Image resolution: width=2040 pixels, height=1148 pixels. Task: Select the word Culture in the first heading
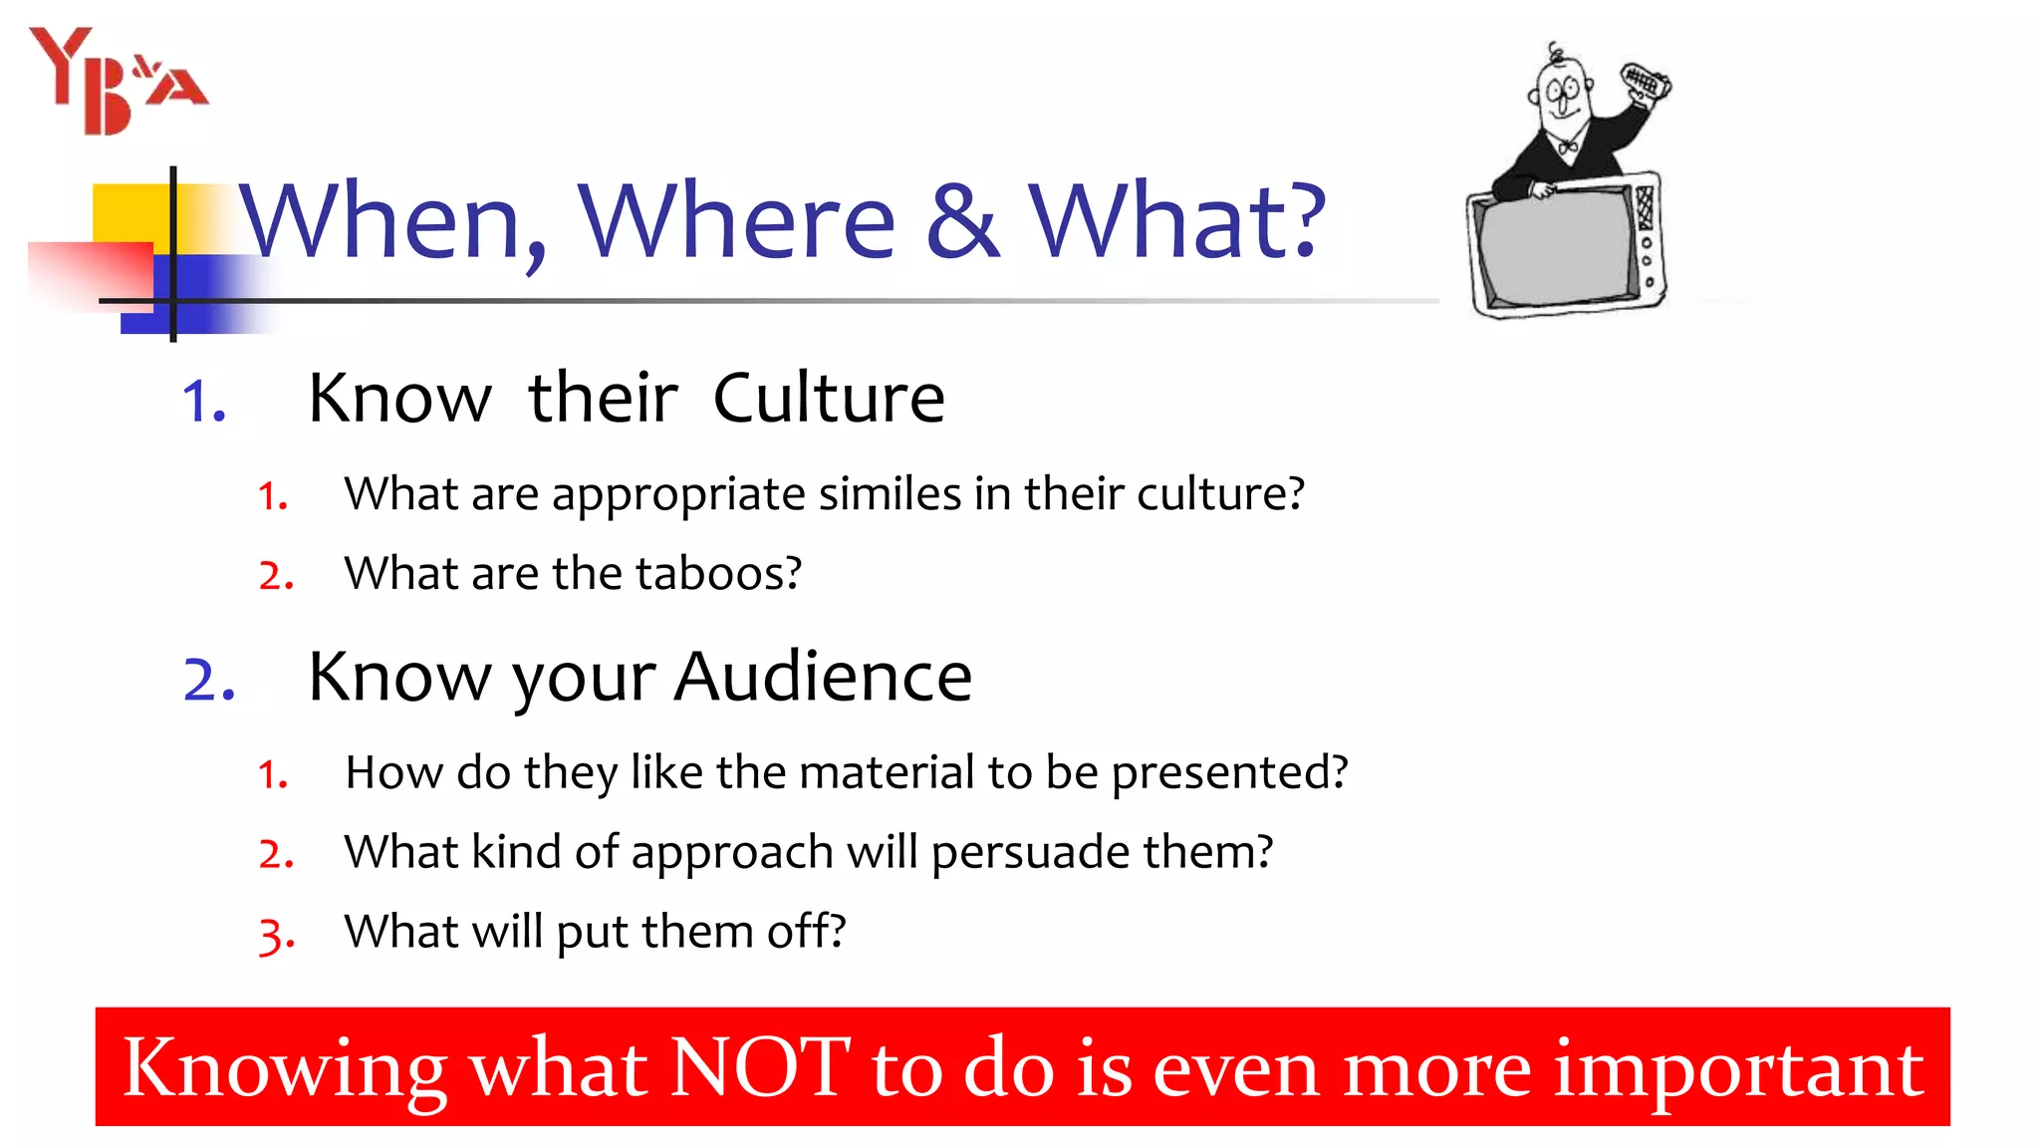(829, 398)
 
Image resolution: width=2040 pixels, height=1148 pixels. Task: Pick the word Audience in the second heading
(823, 677)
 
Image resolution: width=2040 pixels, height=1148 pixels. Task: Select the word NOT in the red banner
(760, 1067)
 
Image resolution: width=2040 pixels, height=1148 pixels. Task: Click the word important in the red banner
(1738, 1069)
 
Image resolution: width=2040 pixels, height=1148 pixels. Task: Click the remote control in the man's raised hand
(1646, 82)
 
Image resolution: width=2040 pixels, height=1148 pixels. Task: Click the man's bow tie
(1567, 147)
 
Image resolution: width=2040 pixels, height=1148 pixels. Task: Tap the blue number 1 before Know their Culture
(204, 402)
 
